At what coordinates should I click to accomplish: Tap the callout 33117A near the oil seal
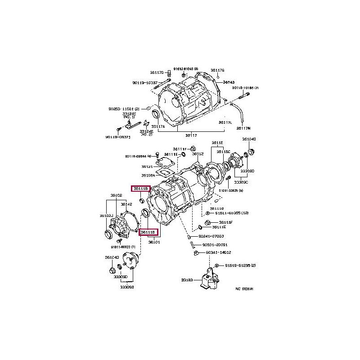(158, 126)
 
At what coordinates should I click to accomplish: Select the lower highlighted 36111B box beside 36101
(148, 233)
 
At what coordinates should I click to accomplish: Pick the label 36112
(198, 154)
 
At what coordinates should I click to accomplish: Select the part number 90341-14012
(218, 253)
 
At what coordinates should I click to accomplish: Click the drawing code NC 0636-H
(244, 289)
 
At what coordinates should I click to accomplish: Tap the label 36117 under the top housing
(192, 135)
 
